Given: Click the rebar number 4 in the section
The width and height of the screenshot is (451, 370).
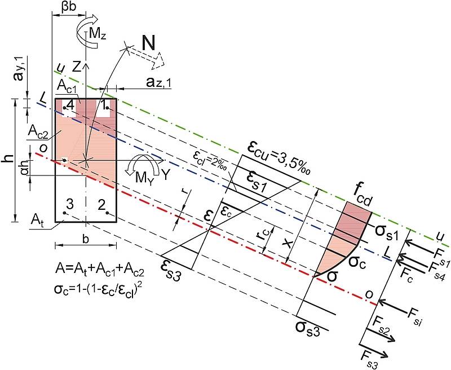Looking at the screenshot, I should (69, 105).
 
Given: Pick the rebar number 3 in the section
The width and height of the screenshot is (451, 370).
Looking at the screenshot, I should (69, 203).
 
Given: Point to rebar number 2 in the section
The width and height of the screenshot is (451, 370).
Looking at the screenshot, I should (103, 203).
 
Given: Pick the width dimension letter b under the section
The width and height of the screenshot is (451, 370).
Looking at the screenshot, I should (85, 239).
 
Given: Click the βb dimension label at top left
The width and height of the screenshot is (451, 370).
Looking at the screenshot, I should (66, 8).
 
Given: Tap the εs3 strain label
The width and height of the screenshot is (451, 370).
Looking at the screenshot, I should (174, 265).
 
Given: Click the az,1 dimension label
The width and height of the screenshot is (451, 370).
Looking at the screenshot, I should (145, 82).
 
